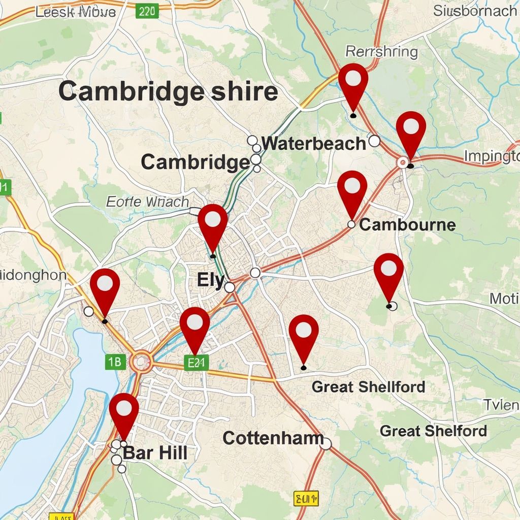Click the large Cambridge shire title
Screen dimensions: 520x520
click(x=168, y=92)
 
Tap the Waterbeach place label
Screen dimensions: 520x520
click(x=313, y=144)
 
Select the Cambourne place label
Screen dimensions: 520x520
click(x=407, y=224)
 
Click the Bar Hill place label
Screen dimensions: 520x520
click(x=155, y=453)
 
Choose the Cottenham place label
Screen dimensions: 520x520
click(x=273, y=438)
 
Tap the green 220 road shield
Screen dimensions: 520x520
click(x=147, y=11)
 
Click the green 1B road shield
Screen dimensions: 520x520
click(x=115, y=362)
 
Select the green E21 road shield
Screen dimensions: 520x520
click(x=196, y=363)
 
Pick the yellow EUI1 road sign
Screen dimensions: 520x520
click(x=306, y=498)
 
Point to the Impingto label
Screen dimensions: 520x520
click(x=491, y=155)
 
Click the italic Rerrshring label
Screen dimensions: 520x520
click(x=381, y=52)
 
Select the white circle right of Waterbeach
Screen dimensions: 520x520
click(x=374, y=141)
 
